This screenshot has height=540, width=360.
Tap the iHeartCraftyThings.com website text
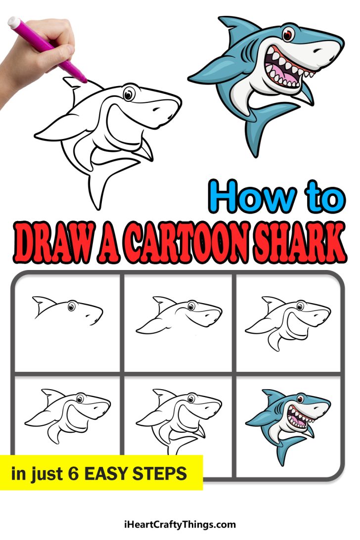[180, 525]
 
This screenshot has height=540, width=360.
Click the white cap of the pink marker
[13, 22]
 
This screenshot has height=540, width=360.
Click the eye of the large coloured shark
[288, 35]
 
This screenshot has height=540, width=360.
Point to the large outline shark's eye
[129, 92]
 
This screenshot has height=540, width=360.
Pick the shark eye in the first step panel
[72, 307]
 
